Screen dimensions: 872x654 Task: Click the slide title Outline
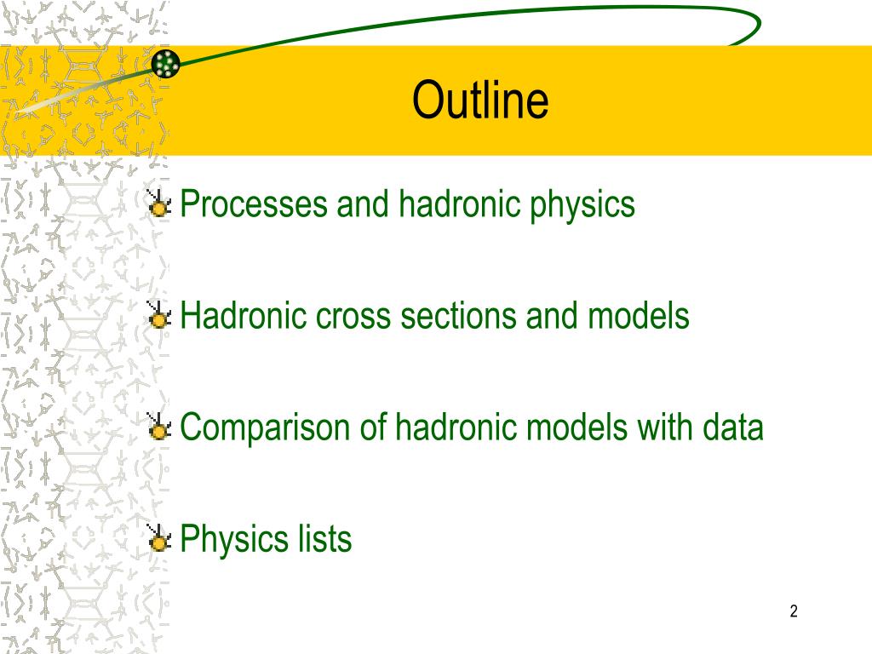point(480,100)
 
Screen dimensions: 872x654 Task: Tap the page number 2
point(794,611)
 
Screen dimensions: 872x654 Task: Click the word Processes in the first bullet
point(254,204)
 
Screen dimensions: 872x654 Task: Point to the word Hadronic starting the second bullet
point(244,315)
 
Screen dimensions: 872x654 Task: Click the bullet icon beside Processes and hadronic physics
point(159,203)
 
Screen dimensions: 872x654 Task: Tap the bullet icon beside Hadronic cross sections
point(159,315)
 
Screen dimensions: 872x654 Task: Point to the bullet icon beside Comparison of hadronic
point(159,427)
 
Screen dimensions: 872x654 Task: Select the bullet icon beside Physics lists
point(159,538)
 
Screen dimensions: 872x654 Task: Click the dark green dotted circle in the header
point(166,63)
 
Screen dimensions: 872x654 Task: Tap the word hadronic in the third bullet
point(457,427)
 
